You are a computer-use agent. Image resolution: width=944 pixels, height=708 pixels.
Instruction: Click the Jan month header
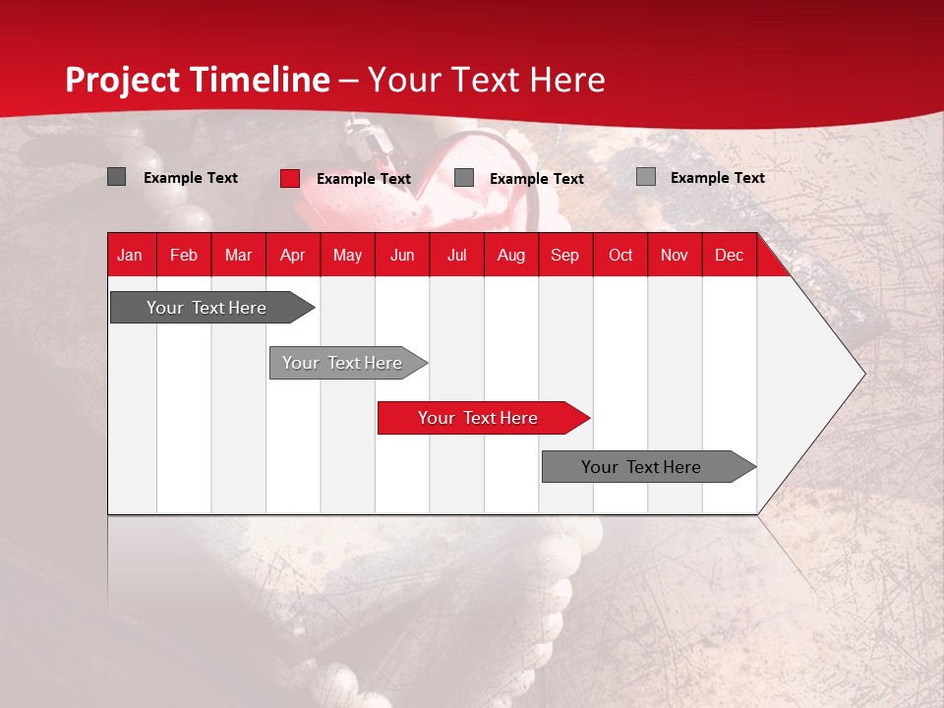point(130,256)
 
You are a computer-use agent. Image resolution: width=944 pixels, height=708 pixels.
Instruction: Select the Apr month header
point(292,256)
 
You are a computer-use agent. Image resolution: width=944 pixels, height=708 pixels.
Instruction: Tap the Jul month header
point(456,256)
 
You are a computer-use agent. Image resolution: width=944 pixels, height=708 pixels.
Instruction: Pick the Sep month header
point(564,256)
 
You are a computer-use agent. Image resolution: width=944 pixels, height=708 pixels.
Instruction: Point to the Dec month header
point(729,256)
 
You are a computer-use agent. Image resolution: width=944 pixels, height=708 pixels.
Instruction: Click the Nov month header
point(674,256)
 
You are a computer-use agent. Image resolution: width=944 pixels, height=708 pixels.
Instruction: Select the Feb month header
point(184,256)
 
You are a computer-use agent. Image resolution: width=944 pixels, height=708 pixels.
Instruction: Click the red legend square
point(290,178)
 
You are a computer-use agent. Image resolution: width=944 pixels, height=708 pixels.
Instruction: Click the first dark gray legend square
point(116,177)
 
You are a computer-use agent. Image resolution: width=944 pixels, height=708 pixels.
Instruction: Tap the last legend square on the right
point(645,177)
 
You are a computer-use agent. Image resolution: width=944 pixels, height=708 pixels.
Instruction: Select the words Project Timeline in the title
point(197,80)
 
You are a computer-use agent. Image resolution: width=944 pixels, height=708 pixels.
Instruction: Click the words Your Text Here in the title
point(486,80)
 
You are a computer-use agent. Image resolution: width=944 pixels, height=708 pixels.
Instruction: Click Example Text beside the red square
point(363,179)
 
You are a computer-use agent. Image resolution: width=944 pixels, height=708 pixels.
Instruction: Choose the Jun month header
point(402,256)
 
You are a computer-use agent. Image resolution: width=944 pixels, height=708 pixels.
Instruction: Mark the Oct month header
point(620,256)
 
